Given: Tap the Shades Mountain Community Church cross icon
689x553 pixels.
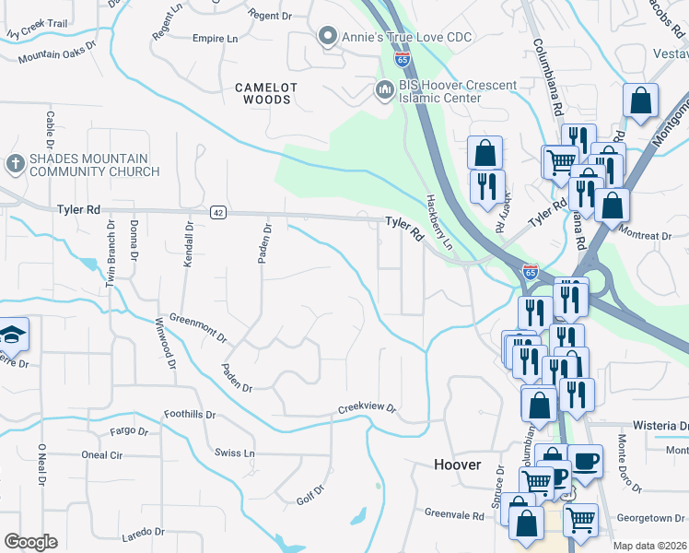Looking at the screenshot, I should pyautogui.click(x=15, y=164).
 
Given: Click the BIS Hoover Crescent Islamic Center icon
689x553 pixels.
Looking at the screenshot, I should pyautogui.click(x=384, y=90).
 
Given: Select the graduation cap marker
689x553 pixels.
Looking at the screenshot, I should pyautogui.click(x=13, y=334).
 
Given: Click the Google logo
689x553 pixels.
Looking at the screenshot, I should pyautogui.click(x=30, y=542).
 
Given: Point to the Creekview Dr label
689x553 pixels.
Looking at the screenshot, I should pyautogui.click(x=366, y=407).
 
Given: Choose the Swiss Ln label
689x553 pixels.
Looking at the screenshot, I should pyautogui.click(x=234, y=453).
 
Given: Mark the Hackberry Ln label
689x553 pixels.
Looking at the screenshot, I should pyautogui.click(x=440, y=224).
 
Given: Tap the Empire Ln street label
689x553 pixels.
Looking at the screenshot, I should pyautogui.click(x=215, y=39).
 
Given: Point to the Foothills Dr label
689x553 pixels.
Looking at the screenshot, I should pyautogui.click(x=189, y=414).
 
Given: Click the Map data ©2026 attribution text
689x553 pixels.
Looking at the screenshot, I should pyautogui.click(x=650, y=546).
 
